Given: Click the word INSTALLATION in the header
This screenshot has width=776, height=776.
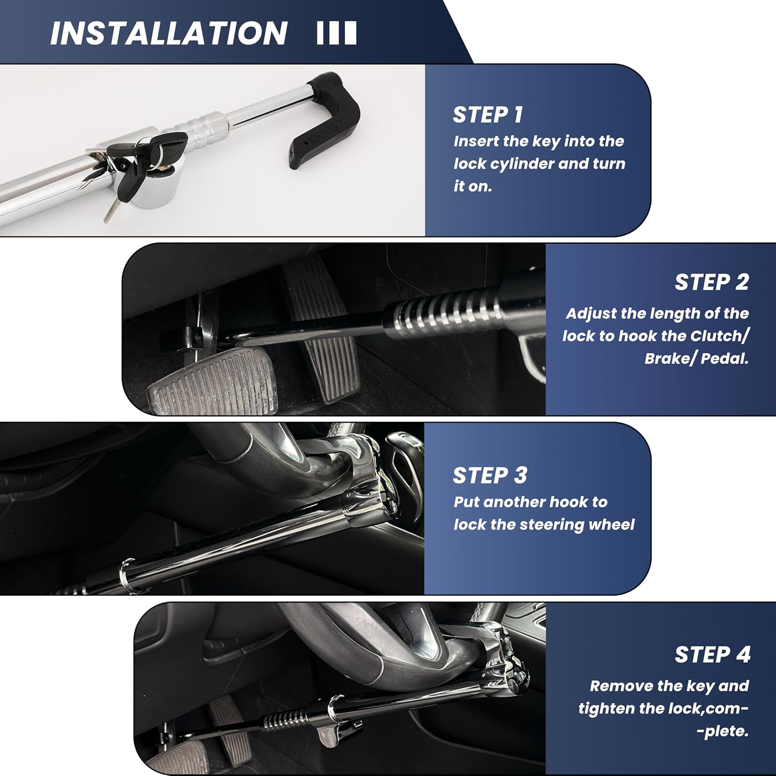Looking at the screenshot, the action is tap(169, 33).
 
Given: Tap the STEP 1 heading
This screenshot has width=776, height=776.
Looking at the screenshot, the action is tap(488, 115).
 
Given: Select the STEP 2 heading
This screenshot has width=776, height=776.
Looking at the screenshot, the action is tap(712, 282).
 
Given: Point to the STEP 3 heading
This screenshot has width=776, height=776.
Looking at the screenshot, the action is tap(490, 475).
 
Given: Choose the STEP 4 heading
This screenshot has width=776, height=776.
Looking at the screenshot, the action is tap(712, 655).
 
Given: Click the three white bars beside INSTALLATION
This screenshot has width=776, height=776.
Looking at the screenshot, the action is tap(336, 33).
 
